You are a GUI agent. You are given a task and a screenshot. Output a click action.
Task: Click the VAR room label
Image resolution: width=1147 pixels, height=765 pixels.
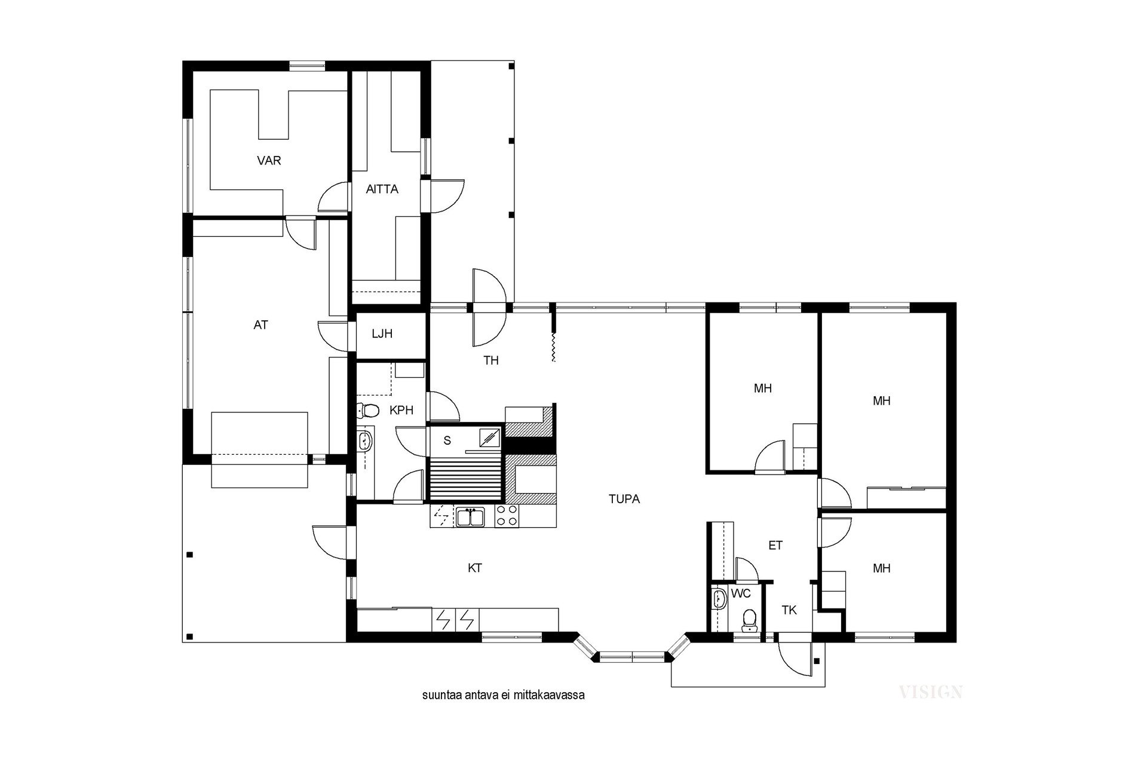(269, 161)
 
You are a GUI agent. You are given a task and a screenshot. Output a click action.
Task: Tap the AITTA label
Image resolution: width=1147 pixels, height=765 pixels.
(382, 189)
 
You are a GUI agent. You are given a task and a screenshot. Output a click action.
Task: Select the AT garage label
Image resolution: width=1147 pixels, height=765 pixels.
(260, 325)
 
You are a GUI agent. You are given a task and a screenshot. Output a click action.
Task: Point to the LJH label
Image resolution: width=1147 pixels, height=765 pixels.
(382, 333)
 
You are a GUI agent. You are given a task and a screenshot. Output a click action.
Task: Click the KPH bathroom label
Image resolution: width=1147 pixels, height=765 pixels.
(401, 411)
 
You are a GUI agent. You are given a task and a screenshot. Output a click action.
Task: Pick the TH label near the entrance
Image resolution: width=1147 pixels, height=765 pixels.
(491, 360)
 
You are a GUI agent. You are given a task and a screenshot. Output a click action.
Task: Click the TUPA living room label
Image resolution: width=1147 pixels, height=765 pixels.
(624, 499)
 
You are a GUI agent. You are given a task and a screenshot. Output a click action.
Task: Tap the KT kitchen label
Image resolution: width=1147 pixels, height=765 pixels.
(475, 568)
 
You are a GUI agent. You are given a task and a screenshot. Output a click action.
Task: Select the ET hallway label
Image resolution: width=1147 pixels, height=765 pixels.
(775, 546)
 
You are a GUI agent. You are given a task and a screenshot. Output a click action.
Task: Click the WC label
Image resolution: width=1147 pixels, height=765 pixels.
(741, 594)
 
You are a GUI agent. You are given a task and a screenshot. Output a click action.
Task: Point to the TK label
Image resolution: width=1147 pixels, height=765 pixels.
(790, 610)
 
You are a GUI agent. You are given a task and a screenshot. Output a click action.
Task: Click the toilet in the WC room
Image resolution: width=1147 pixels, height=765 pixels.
(748, 620)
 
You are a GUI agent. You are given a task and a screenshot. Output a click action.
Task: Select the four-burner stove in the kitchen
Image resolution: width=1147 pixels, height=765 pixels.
(507, 516)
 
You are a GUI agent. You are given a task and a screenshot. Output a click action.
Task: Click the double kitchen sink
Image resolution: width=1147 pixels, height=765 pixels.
(471, 516)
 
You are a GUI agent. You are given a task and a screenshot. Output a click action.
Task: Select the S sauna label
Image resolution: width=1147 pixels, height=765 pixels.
(447, 441)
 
